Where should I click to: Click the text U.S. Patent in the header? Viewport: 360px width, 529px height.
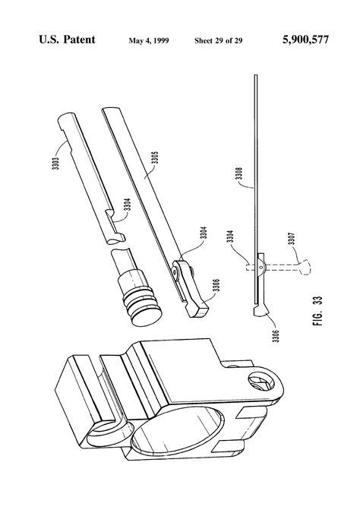point(66,39)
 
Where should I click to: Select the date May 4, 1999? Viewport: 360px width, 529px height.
point(147,40)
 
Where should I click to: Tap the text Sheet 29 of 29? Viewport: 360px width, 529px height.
point(219,40)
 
